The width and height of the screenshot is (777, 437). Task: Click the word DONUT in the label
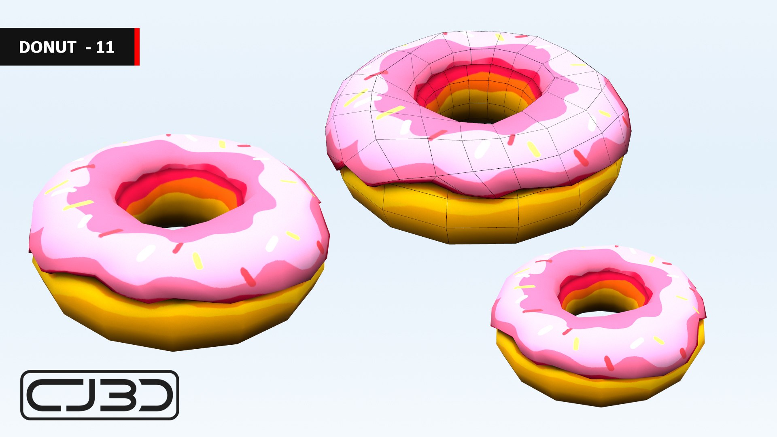coord(47,47)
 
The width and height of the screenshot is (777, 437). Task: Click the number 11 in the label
coord(105,47)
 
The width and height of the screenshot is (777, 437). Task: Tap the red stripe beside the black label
coord(137,47)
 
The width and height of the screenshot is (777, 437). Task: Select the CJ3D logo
coord(100,395)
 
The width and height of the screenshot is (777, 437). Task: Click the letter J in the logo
coord(83,395)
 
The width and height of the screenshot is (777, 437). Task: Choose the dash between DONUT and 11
coord(89,48)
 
